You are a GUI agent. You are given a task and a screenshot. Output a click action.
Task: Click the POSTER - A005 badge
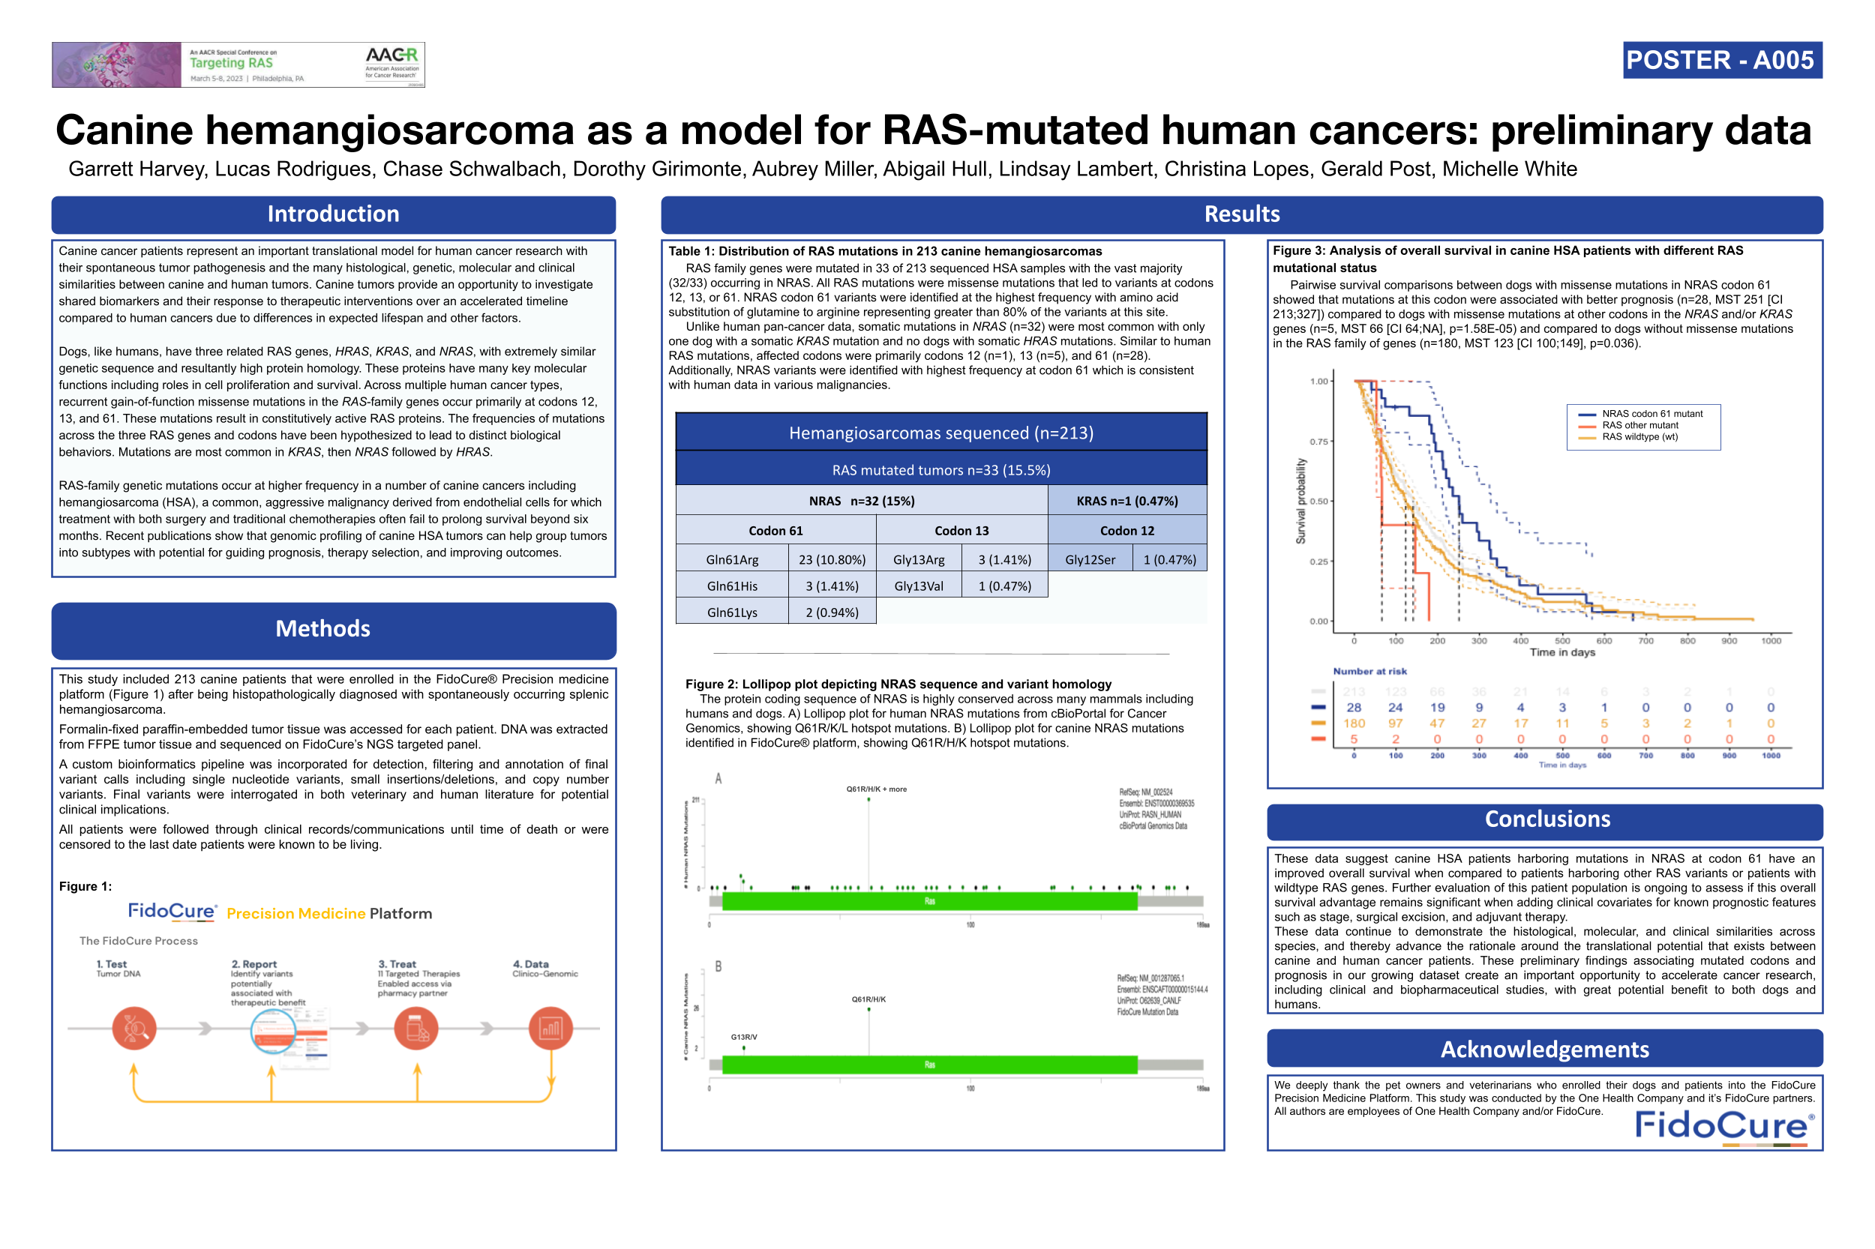click(x=1721, y=61)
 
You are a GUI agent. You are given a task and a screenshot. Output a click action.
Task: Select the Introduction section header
click(x=333, y=214)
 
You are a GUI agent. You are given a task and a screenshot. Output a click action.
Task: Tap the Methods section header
click(x=322, y=629)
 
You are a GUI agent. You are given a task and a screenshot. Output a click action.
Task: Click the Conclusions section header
click(x=1546, y=819)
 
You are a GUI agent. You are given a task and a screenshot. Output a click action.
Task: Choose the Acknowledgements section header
click(x=1544, y=1050)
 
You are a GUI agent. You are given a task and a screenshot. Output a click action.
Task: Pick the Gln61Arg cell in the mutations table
click(x=731, y=560)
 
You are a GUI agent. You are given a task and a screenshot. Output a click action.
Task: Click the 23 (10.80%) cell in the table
click(x=832, y=560)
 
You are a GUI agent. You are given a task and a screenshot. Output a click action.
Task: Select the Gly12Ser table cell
click(x=1089, y=560)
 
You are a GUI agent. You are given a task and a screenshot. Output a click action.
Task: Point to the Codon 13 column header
click(x=961, y=531)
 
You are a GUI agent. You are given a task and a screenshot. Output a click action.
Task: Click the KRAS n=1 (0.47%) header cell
click(x=1126, y=501)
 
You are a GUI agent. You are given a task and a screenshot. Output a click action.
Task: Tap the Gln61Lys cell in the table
click(x=731, y=613)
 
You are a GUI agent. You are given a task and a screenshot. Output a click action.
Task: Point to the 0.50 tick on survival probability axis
click(x=1318, y=502)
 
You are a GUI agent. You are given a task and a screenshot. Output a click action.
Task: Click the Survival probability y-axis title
click(x=1300, y=501)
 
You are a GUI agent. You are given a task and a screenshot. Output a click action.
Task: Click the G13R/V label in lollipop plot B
click(x=744, y=1037)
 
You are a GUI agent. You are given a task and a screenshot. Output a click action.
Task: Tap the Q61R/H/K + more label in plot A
click(x=876, y=789)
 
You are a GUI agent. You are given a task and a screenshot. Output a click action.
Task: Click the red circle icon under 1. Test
click(x=133, y=1029)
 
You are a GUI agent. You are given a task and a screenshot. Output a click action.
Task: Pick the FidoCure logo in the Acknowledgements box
click(x=1723, y=1126)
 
